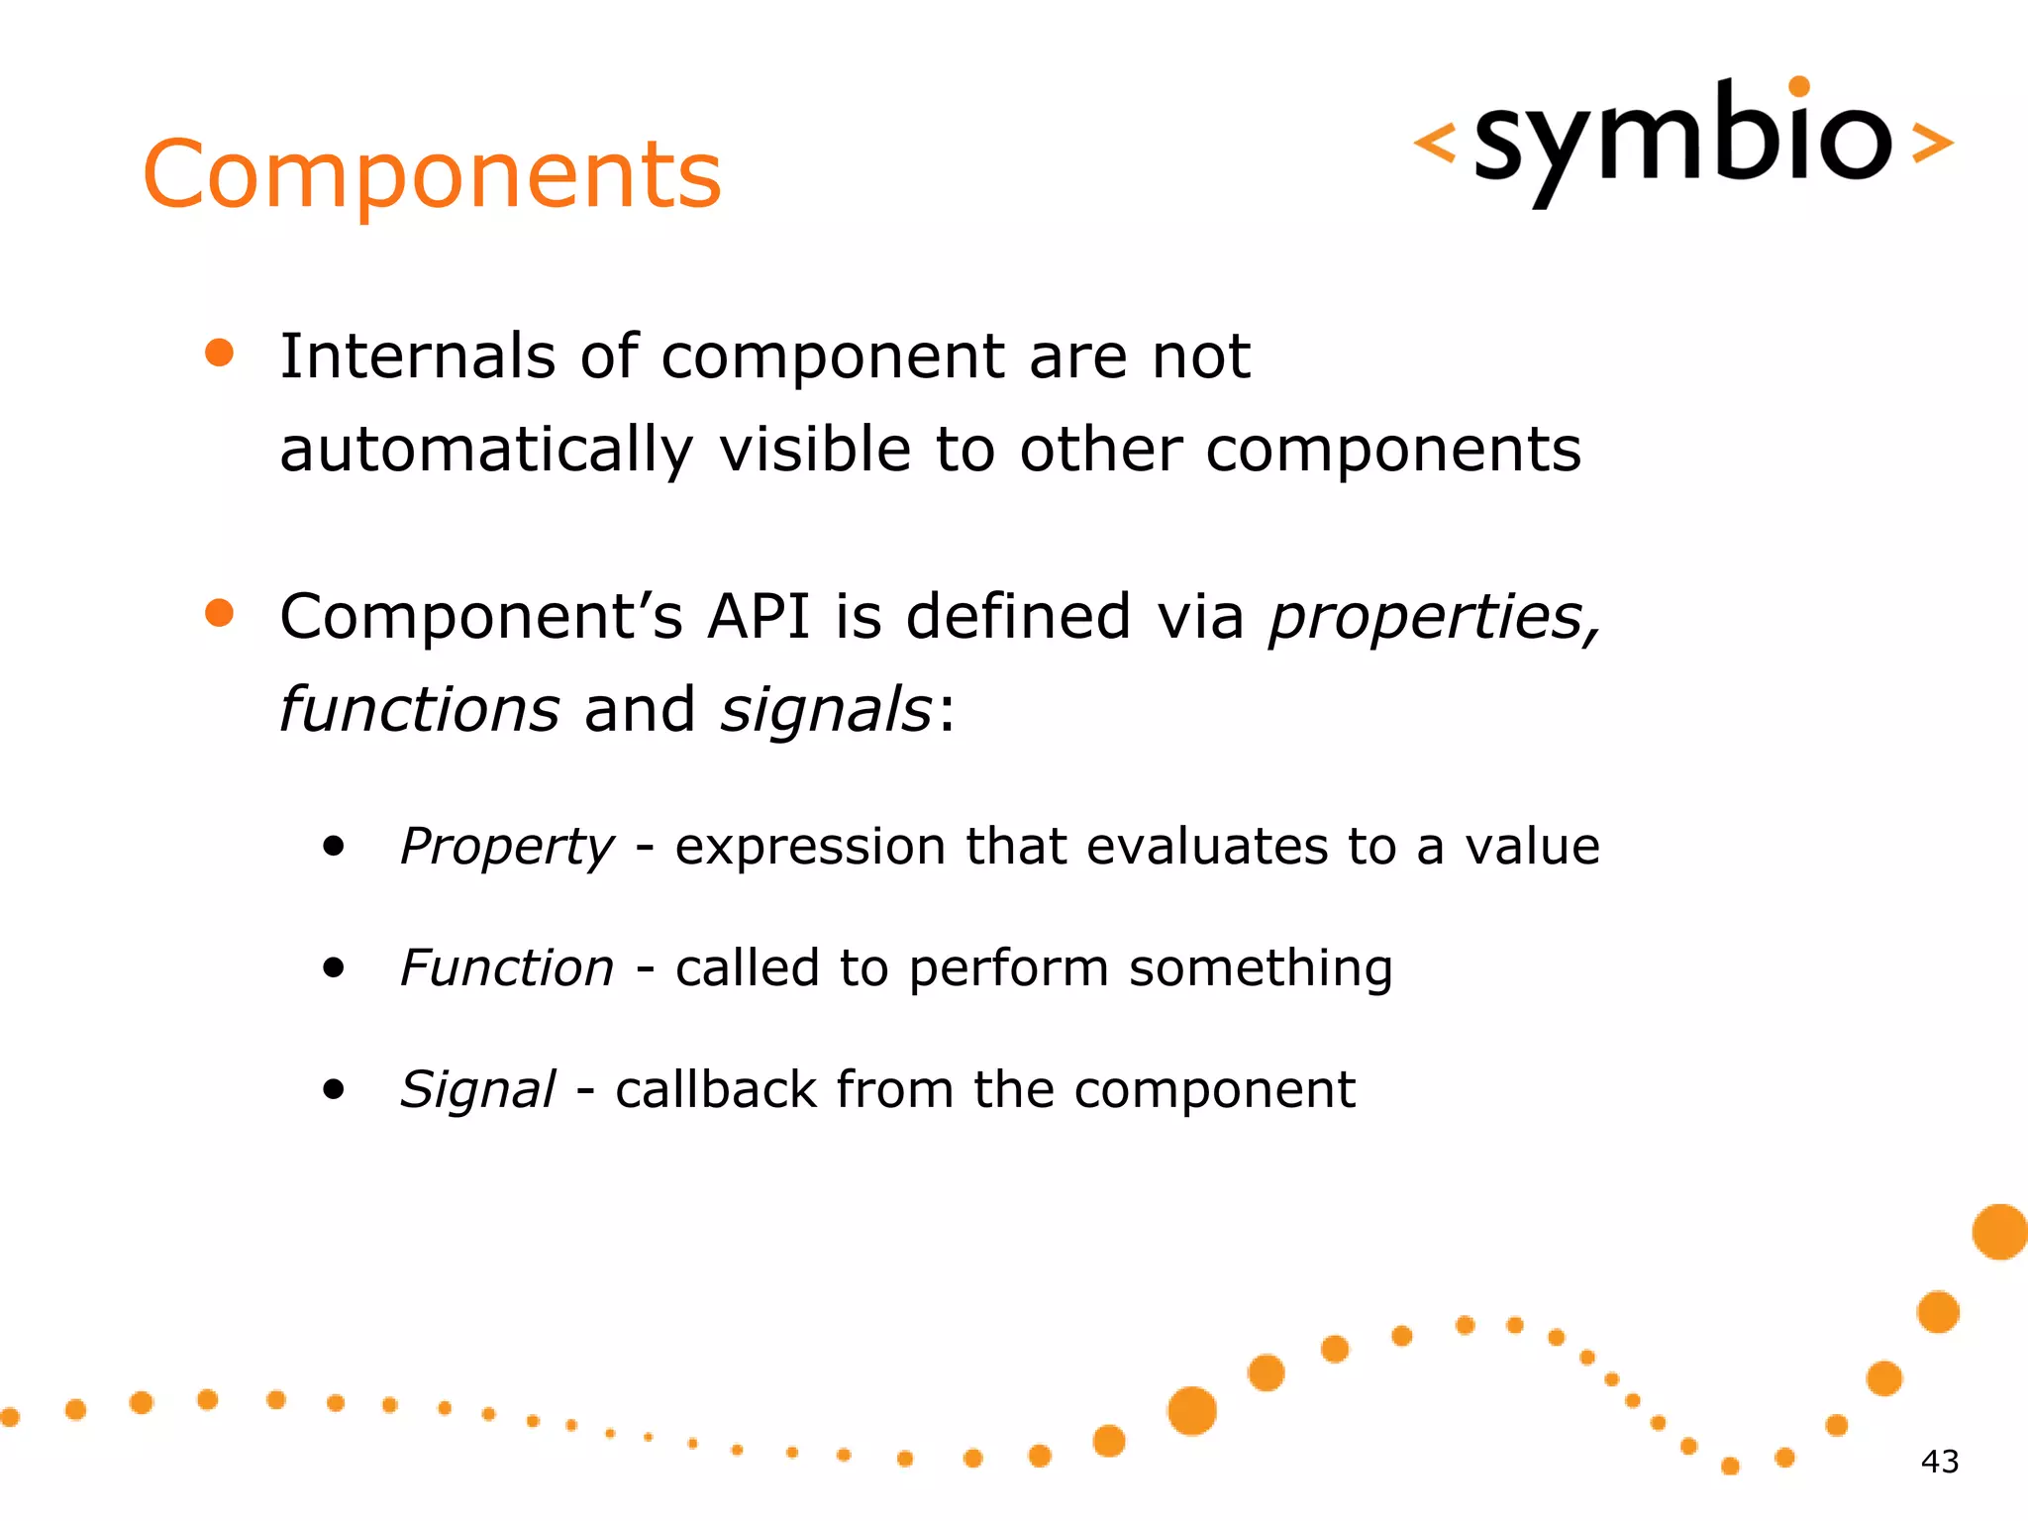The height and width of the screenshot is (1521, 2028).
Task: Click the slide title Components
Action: (432, 174)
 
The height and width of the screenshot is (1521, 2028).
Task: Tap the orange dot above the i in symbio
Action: (1799, 86)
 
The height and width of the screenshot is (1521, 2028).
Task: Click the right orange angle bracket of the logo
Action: (1931, 143)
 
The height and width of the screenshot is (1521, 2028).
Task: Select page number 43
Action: (1939, 1462)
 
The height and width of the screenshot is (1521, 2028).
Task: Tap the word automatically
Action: (486, 451)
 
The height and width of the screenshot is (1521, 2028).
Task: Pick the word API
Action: (758, 617)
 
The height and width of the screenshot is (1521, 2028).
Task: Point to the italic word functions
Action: (419, 710)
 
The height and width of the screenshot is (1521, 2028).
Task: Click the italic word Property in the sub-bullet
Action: (507, 848)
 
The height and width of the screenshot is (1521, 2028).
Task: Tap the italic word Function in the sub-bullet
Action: (507, 967)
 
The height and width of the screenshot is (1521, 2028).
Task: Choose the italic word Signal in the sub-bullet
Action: (477, 1090)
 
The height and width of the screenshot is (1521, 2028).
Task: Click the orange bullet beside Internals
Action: (219, 354)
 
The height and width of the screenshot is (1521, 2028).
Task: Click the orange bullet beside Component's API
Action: (219, 613)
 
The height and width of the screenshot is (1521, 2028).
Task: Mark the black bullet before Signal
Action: (334, 1089)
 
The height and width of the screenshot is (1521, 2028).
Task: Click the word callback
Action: (716, 1089)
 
